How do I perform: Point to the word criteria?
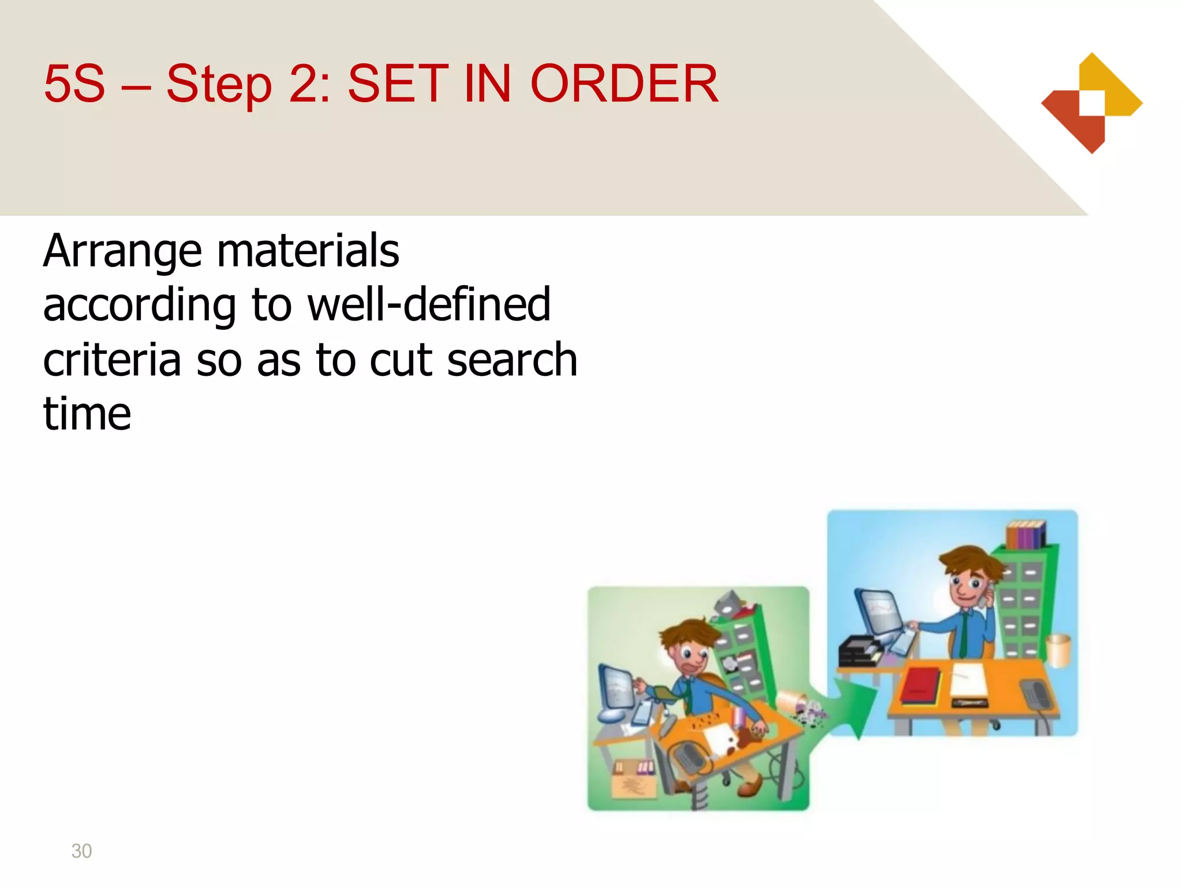(112, 359)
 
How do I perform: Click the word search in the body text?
(512, 359)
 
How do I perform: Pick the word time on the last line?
(87, 413)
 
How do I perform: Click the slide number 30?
(81, 851)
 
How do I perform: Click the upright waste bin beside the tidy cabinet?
(1057, 650)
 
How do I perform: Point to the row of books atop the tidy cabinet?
(1026, 534)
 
